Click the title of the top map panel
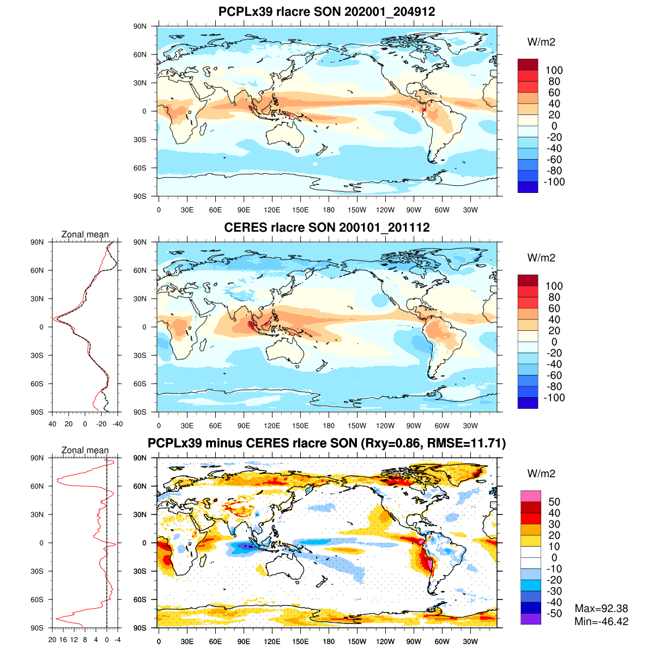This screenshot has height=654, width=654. pos(326,11)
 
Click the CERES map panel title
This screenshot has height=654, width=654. pos(326,227)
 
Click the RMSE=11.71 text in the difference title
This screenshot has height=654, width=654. pos(468,444)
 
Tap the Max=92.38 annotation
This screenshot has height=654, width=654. pos(602,608)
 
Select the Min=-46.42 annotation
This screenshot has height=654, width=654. pos(601,622)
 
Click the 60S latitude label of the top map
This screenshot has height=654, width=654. pos(140,168)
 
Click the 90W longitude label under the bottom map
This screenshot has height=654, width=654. pos(414,642)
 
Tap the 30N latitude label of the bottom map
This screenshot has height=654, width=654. pos(140,514)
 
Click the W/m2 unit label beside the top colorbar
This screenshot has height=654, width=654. pos(541,42)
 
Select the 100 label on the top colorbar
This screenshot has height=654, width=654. pos(554,70)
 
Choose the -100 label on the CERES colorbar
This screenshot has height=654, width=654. pos(554,398)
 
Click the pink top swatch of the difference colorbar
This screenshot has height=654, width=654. pos(531,496)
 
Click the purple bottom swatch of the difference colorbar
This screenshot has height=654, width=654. pos(531,619)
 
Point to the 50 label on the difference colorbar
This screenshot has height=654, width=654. pos(554,502)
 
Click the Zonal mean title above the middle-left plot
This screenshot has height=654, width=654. pos(85,234)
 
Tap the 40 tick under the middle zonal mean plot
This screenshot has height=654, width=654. pos(52,424)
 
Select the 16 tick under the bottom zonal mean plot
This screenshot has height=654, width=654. pos(63,640)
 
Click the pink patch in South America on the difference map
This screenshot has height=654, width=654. pos(429,564)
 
